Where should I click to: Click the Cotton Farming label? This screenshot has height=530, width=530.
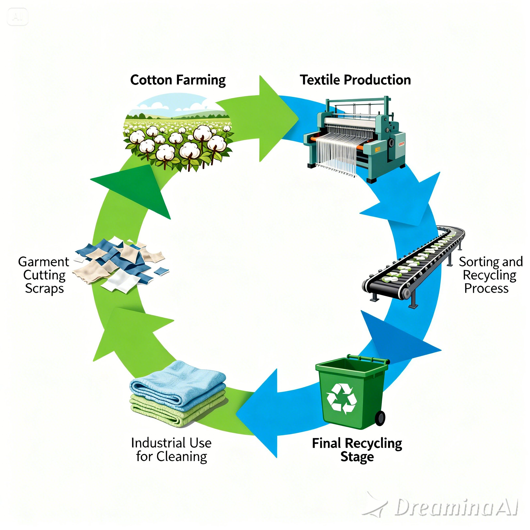click(178, 80)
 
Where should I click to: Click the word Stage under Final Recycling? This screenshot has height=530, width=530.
click(357, 457)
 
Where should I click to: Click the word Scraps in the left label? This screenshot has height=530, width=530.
click(45, 288)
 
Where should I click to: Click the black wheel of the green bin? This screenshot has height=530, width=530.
click(380, 418)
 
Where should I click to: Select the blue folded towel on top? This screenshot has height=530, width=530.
click(178, 383)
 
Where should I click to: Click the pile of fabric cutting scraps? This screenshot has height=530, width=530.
click(121, 263)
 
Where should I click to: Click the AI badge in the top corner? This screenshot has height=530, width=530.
click(17, 17)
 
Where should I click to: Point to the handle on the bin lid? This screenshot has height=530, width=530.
click(367, 358)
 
